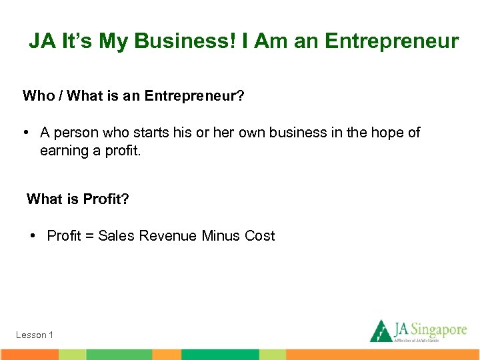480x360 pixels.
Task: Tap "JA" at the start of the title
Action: point(41,41)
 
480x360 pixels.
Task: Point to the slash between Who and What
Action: point(61,96)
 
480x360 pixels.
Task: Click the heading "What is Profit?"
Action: point(77,199)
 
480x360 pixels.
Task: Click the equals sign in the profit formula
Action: point(89,236)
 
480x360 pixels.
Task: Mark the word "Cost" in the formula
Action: point(260,236)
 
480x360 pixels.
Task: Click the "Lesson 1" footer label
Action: point(35,335)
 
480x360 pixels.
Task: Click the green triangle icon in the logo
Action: point(381,331)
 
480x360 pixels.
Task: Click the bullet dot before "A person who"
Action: point(25,133)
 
